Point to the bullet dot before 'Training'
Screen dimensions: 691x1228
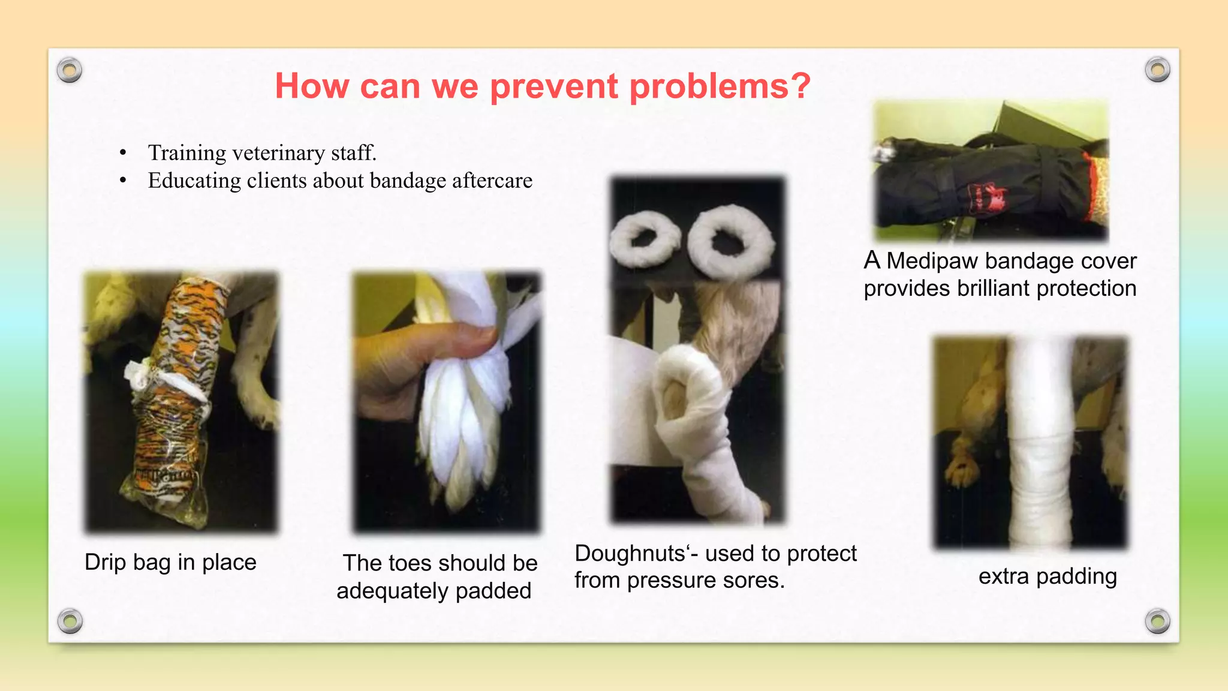coord(123,154)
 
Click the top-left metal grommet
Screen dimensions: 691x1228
coord(70,70)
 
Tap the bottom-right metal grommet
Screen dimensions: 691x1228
coord(1157,621)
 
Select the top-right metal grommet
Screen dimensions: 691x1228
coord(1157,70)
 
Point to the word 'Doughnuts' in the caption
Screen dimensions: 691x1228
coord(630,554)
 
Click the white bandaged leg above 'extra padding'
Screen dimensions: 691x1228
coord(1040,444)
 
